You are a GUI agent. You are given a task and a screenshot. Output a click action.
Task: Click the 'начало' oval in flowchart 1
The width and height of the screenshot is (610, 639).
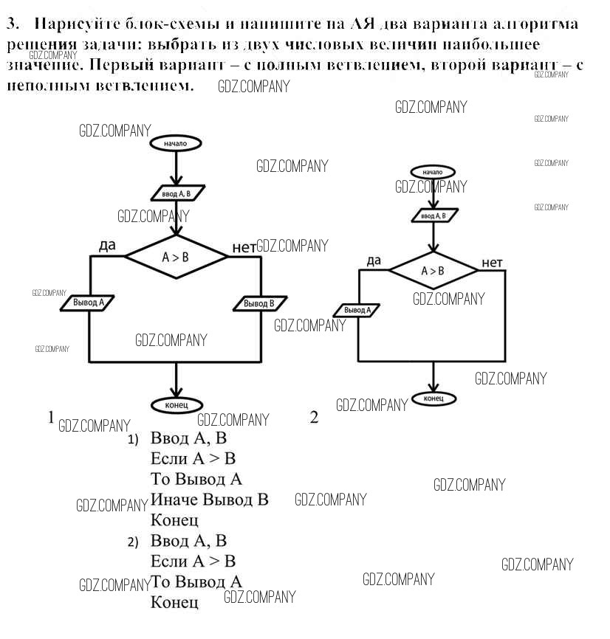click(176, 143)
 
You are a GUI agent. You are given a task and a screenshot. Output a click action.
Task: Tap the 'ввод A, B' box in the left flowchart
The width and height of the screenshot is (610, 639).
click(177, 193)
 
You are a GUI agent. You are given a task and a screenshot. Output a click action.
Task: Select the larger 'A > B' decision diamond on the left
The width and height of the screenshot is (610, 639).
click(176, 257)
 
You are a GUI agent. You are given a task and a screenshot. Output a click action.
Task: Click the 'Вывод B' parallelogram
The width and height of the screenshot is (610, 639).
click(259, 303)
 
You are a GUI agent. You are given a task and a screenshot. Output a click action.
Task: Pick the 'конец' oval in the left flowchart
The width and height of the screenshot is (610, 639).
click(176, 404)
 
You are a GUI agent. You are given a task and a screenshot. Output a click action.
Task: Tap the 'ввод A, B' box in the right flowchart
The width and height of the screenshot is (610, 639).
click(433, 215)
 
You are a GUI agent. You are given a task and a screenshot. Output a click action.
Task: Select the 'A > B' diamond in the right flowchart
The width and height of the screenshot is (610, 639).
click(433, 271)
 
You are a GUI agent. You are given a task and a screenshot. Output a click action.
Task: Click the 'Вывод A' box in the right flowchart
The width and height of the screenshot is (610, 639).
click(357, 311)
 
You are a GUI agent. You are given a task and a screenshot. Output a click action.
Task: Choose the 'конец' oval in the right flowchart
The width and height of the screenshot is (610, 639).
click(433, 398)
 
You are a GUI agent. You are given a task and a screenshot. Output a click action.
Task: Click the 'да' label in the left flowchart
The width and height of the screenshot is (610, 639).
click(107, 246)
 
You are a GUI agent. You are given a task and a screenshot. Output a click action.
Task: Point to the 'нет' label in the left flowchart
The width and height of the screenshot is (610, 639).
click(244, 247)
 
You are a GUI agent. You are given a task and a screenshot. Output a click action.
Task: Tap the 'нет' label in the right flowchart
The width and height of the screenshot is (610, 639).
click(492, 263)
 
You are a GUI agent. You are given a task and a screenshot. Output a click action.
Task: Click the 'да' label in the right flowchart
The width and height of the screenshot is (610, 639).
click(374, 260)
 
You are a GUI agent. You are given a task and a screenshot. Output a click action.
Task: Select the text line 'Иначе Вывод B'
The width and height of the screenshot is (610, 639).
click(209, 500)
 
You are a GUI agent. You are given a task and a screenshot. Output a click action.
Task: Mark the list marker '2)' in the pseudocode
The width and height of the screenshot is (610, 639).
click(133, 542)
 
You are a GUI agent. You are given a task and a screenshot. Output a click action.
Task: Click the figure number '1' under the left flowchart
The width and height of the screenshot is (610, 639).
click(51, 417)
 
